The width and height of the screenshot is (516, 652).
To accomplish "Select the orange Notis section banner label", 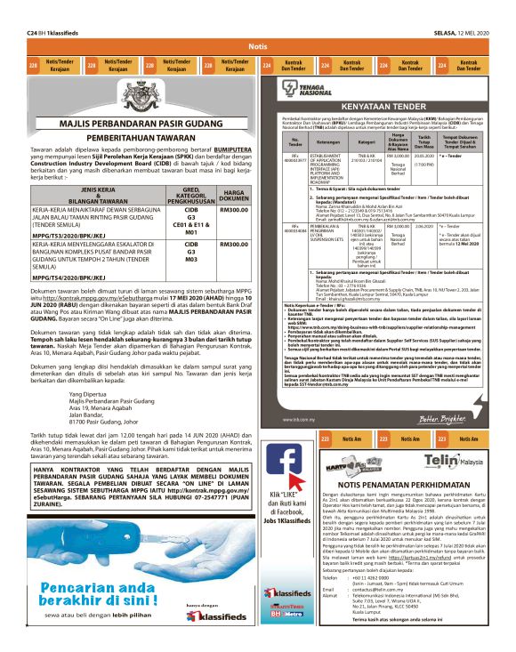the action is click(257, 45).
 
